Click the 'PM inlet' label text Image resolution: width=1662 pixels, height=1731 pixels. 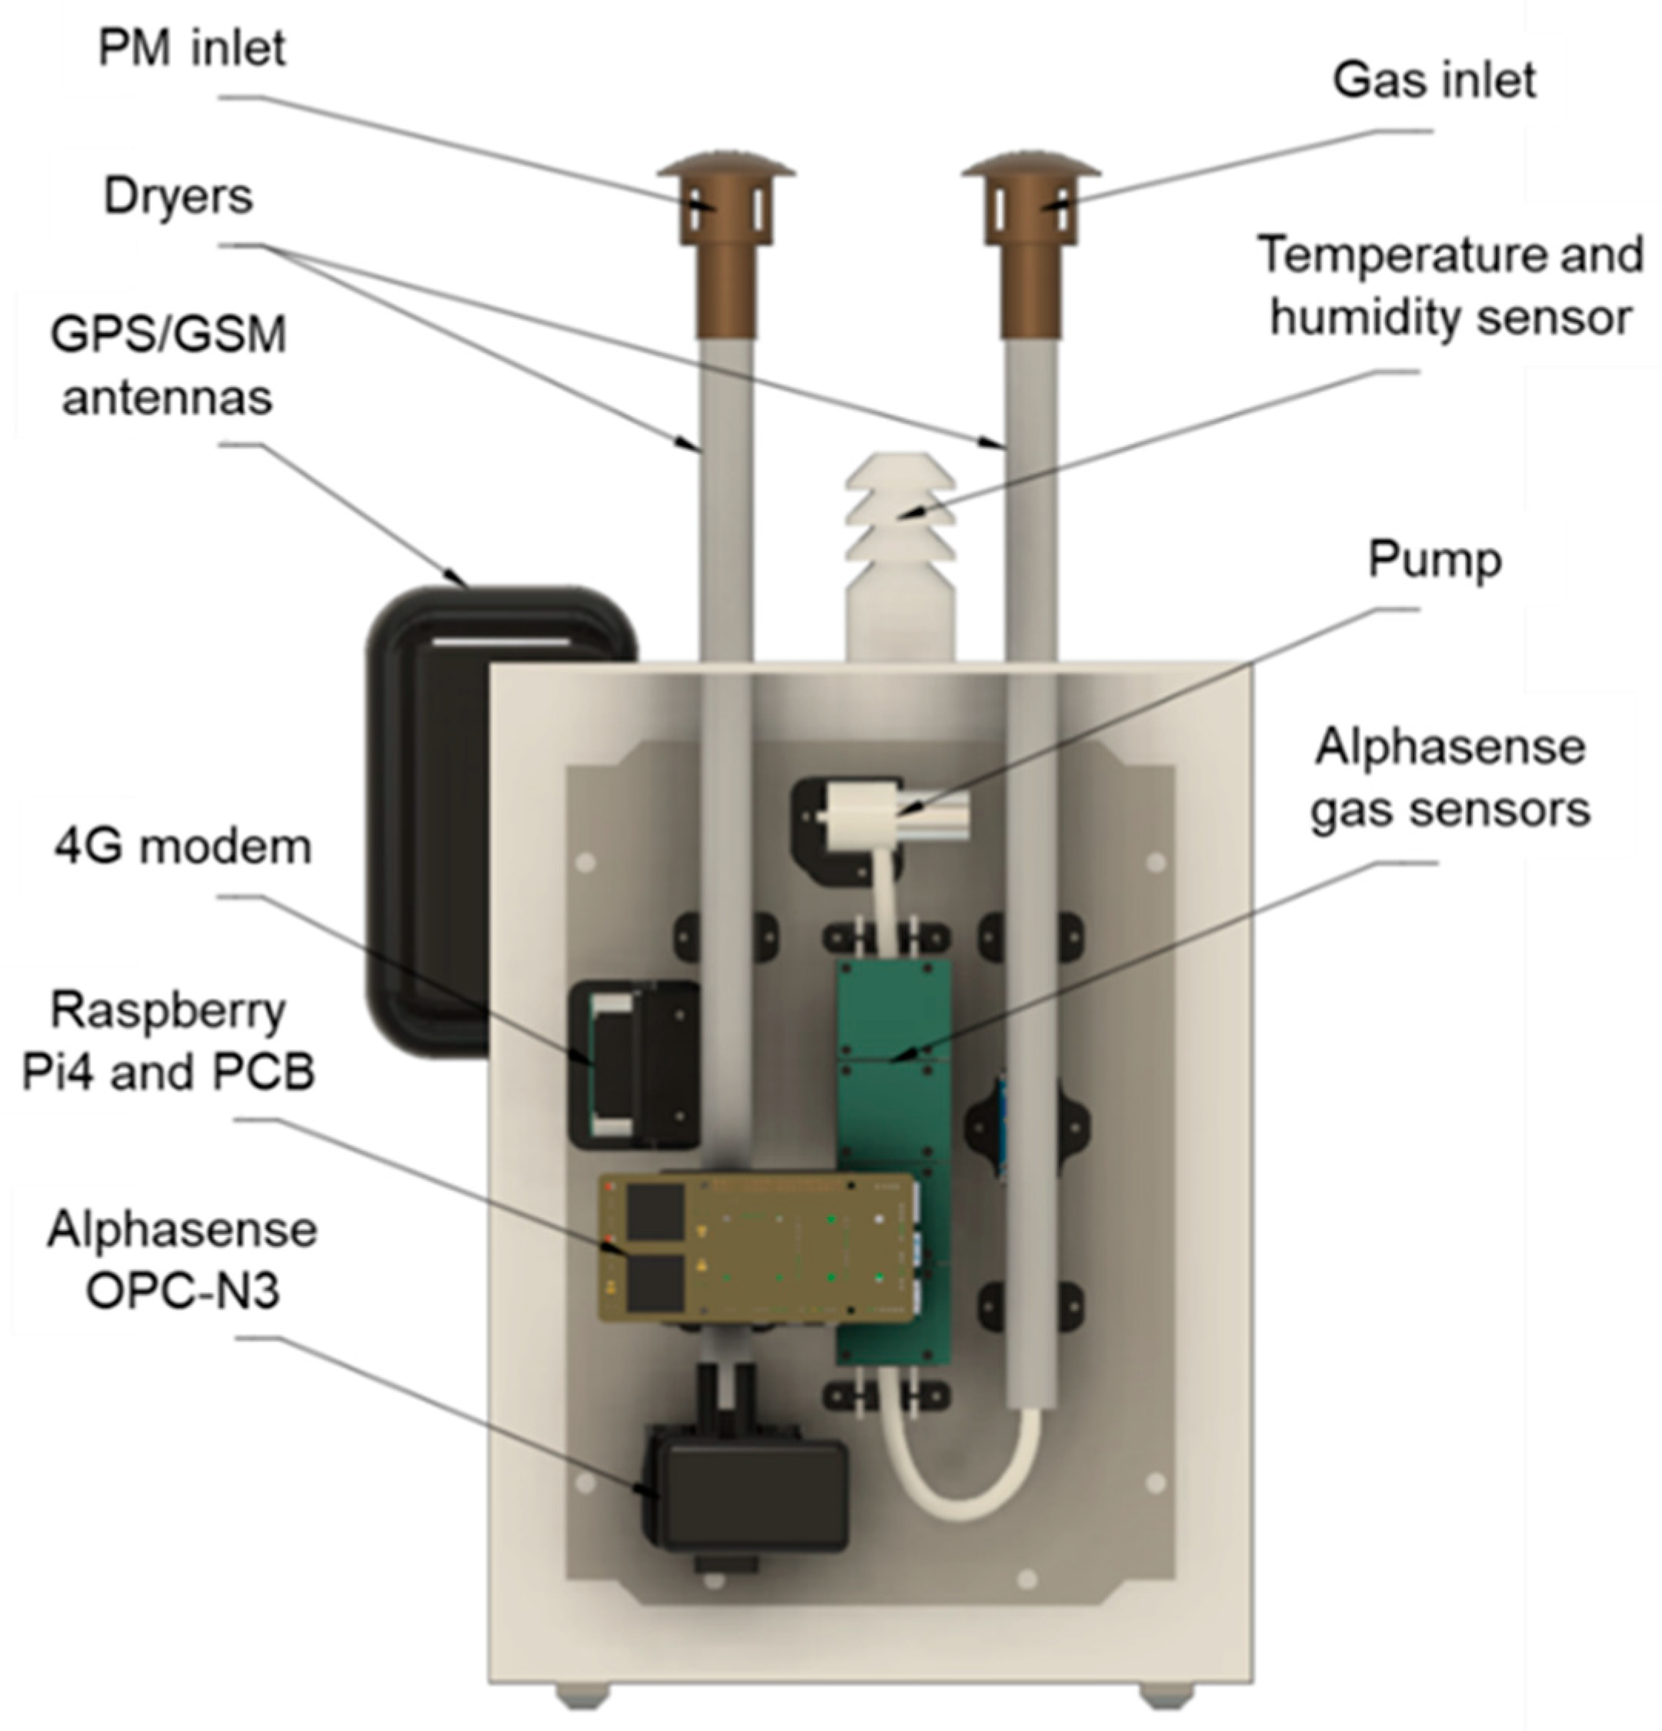click(x=192, y=48)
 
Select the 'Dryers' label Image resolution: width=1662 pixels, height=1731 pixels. click(x=179, y=195)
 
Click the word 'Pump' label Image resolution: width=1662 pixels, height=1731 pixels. click(x=1434, y=560)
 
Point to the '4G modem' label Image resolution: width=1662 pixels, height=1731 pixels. click(x=183, y=848)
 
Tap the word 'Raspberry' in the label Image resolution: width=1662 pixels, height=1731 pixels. click(x=168, y=1010)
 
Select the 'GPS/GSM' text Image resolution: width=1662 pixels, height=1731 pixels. click(x=169, y=335)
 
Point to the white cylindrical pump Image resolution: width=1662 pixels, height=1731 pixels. click(x=892, y=813)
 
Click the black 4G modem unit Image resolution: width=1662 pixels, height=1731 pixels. click(x=632, y=1064)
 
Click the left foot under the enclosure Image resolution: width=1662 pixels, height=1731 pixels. click(x=582, y=1696)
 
